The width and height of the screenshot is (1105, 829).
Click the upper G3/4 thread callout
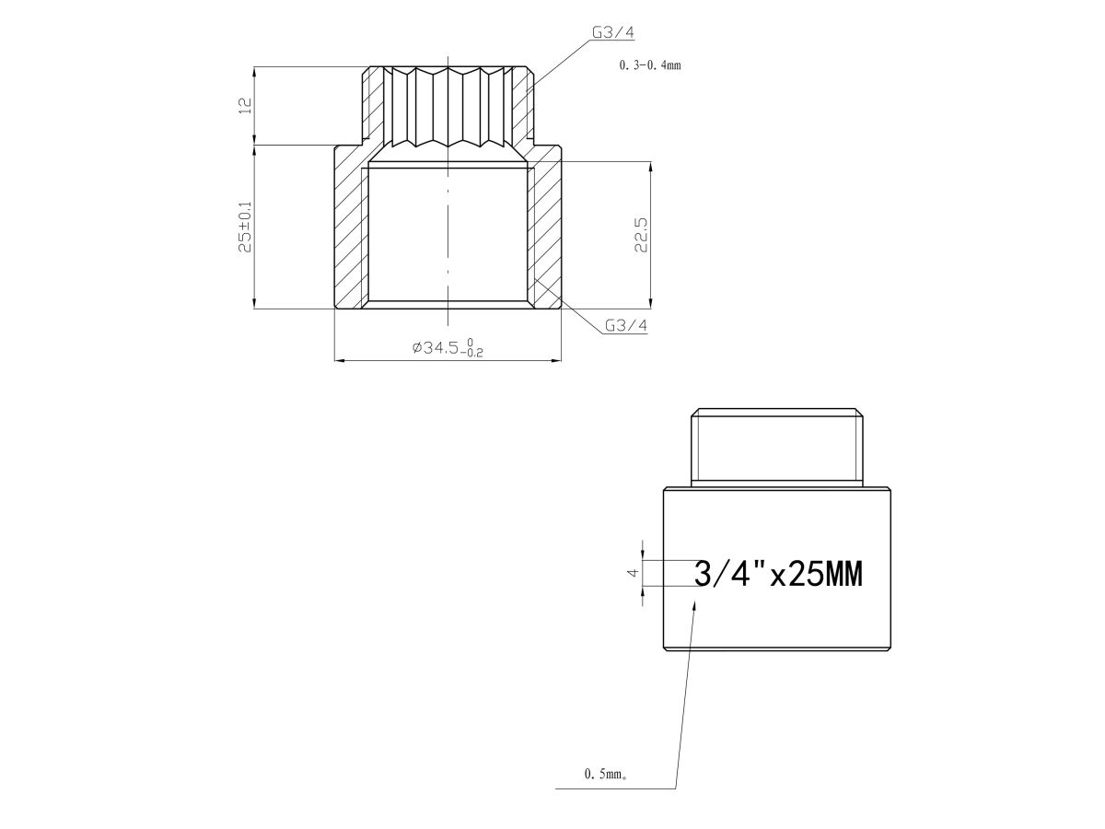[612, 33]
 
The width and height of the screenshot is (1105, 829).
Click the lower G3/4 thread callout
[626, 326]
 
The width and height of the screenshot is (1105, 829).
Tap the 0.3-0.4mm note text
[650, 65]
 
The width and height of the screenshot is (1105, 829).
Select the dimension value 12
[247, 106]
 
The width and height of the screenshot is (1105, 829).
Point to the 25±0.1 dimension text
[246, 227]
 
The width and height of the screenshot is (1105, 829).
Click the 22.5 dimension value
[641, 235]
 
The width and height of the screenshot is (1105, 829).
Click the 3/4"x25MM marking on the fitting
[778, 574]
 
